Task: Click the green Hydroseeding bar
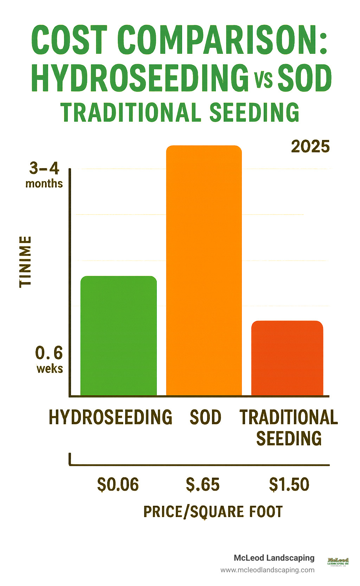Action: [118, 336]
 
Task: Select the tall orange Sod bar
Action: [204, 271]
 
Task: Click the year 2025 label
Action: [310, 147]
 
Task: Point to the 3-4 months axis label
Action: [44, 175]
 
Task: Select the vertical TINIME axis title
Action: [25, 262]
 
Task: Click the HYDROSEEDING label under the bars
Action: [110, 418]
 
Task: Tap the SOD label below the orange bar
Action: [205, 418]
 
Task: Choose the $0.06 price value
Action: [118, 484]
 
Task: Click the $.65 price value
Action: [203, 484]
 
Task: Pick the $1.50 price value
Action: [289, 484]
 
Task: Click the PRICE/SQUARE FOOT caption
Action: [213, 512]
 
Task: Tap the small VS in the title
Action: [263, 79]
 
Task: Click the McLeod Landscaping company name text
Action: [274, 558]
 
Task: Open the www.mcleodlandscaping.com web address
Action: [267, 570]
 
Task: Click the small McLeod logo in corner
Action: [338, 561]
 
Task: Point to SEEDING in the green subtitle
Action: [254, 113]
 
